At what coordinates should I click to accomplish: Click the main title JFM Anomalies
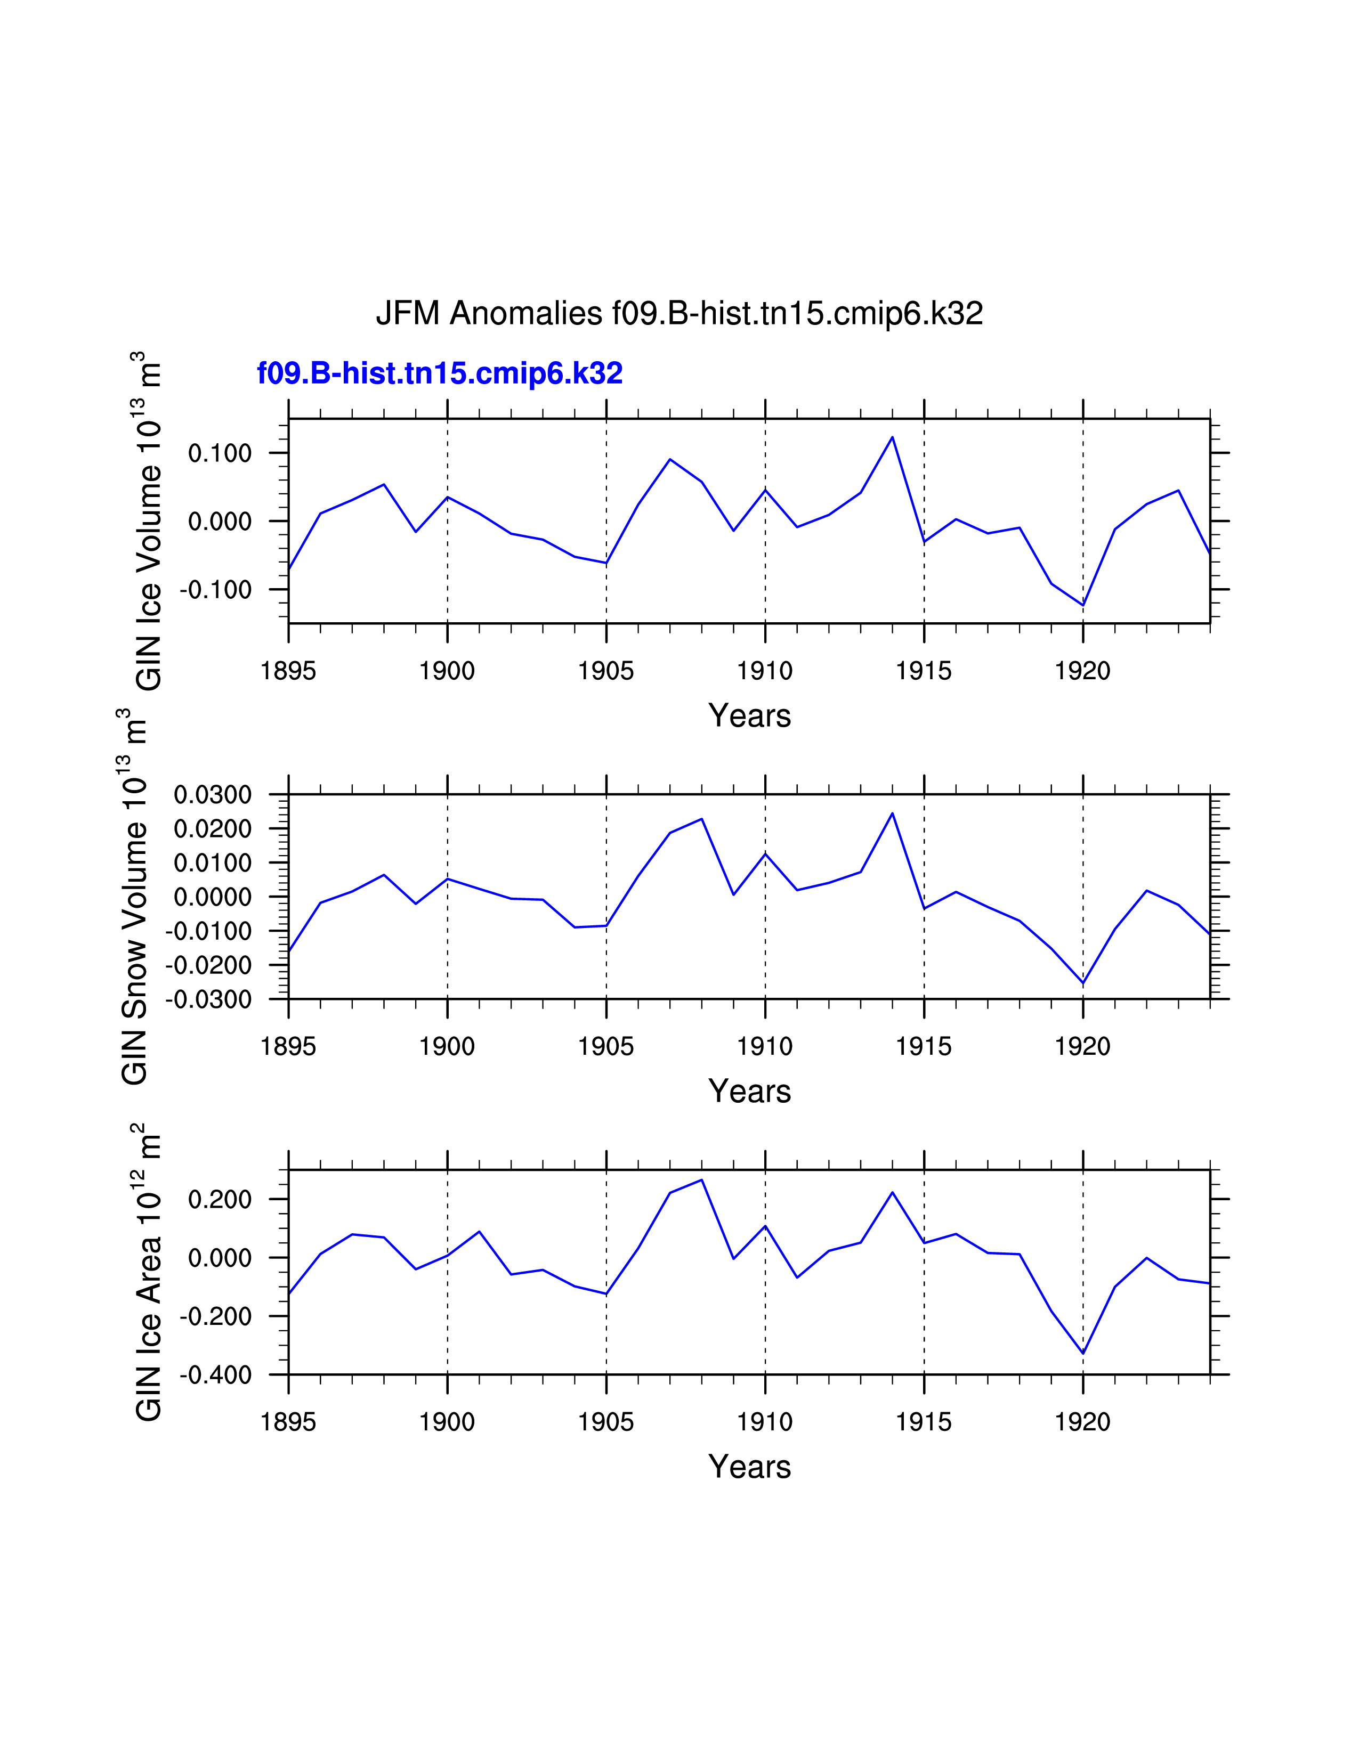pos(678,313)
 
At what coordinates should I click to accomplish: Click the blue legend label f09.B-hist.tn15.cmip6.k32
pos(440,373)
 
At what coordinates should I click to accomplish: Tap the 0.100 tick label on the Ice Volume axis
pos(219,453)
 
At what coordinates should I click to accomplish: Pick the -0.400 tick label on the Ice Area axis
pos(215,1376)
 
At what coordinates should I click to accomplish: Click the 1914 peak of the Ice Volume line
pos(892,437)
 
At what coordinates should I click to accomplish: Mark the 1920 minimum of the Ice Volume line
pos(1083,605)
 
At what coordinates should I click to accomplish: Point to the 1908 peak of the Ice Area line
pos(702,1180)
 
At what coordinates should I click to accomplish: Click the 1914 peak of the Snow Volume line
pos(892,813)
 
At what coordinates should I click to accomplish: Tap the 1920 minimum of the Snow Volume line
pos(1083,983)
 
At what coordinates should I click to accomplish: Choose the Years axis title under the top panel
pos(749,715)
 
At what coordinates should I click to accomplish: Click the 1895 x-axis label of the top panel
pos(288,671)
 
